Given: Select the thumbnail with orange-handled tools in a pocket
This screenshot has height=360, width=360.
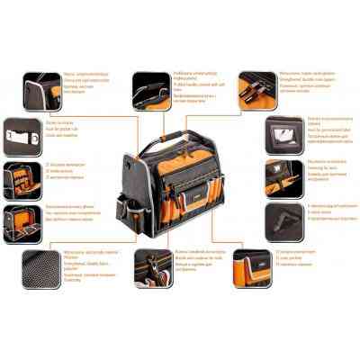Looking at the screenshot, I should tap(22, 178).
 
